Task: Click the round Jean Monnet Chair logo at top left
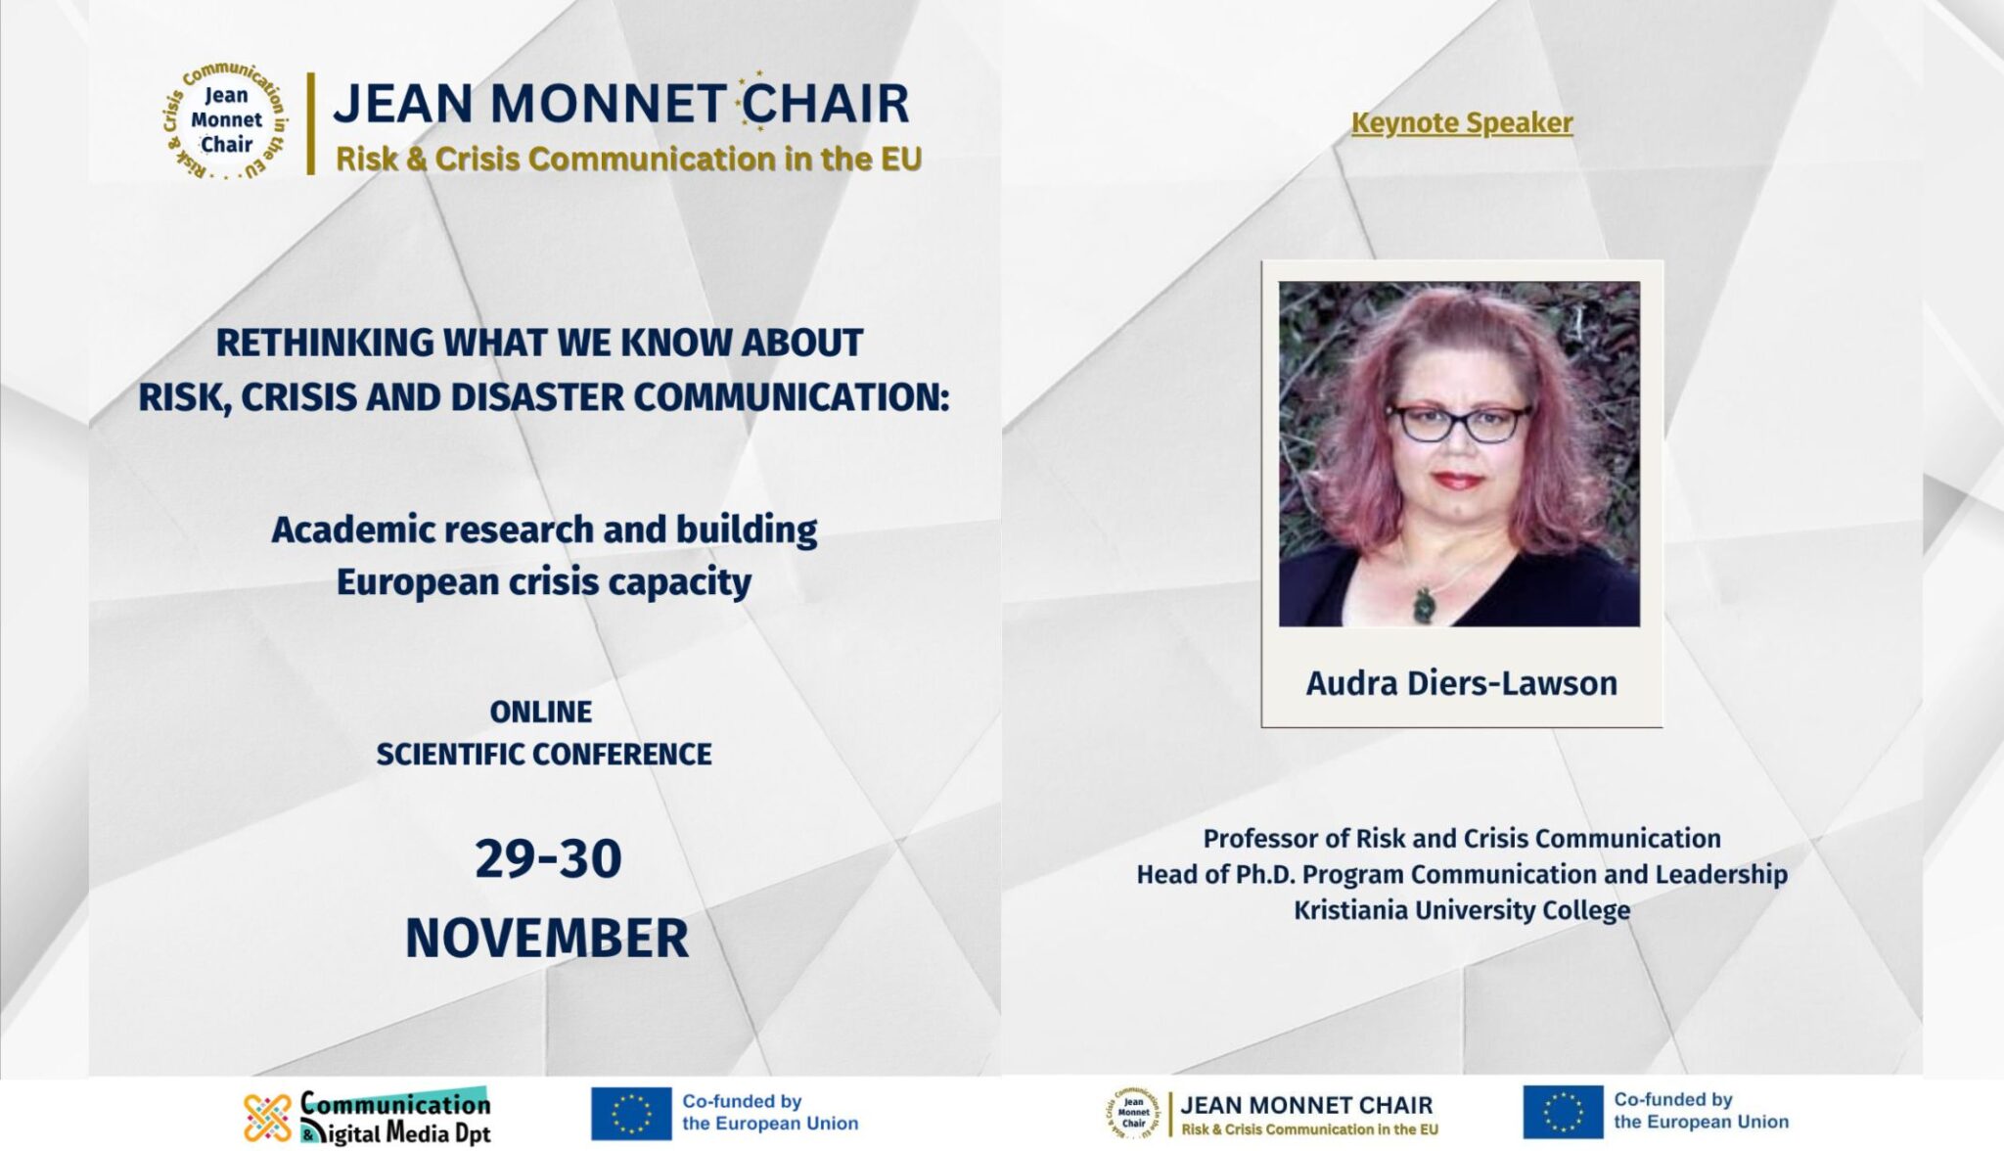pos(225,121)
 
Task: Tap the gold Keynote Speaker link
pos(1462,123)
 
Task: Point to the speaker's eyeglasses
pos(1460,423)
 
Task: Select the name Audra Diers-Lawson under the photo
pos(1462,683)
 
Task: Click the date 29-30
pos(548,858)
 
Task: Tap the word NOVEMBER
pos(547,938)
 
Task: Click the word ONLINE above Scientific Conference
pos(541,712)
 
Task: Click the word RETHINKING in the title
pos(325,343)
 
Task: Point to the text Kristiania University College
pos(1462,910)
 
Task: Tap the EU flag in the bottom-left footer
pos(631,1114)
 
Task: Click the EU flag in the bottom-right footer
pos(1563,1112)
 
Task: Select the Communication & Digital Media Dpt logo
pos(367,1117)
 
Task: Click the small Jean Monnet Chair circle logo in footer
pos(1133,1114)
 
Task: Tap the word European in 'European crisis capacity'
pos(418,582)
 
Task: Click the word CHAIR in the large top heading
pos(825,104)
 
